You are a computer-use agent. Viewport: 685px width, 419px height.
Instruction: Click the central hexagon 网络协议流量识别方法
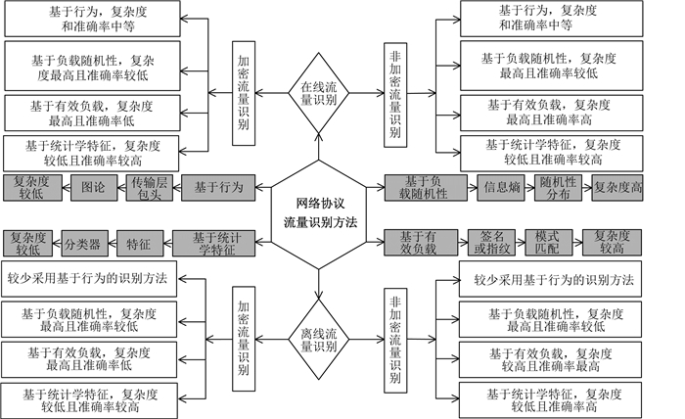click(318, 214)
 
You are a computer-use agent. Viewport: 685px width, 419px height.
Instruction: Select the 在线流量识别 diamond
click(318, 93)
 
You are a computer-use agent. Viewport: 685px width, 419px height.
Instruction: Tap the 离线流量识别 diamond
click(318, 339)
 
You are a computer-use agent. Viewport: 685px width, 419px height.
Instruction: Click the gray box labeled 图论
click(94, 188)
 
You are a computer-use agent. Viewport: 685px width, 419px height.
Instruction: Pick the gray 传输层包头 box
click(150, 188)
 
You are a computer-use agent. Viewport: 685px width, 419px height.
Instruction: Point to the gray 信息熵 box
click(501, 188)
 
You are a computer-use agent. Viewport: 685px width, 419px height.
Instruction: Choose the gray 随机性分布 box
click(558, 188)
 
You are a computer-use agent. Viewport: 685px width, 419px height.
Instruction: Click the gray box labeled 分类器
click(84, 244)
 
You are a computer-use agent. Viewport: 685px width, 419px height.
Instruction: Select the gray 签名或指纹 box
click(491, 243)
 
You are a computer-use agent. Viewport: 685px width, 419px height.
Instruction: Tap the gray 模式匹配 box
click(548, 243)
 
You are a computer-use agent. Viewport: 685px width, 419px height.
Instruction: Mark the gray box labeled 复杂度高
click(617, 188)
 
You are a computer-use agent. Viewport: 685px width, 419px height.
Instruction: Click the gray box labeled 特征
click(139, 244)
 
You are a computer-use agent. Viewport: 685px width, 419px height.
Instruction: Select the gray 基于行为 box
click(218, 188)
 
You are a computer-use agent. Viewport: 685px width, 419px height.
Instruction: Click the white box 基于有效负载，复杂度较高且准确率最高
click(550, 360)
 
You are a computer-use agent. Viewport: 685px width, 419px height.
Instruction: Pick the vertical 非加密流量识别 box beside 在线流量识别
click(395, 95)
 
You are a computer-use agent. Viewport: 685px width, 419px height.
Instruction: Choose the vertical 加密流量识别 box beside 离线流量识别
click(244, 339)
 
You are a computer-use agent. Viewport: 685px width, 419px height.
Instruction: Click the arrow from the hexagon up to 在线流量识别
click(318, 146)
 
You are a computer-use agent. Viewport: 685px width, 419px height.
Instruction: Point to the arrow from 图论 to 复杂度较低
click(67, 188)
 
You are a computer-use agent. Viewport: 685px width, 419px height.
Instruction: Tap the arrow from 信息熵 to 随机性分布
click(529, 188)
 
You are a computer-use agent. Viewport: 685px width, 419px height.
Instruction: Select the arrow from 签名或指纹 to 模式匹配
click(521, 243)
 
